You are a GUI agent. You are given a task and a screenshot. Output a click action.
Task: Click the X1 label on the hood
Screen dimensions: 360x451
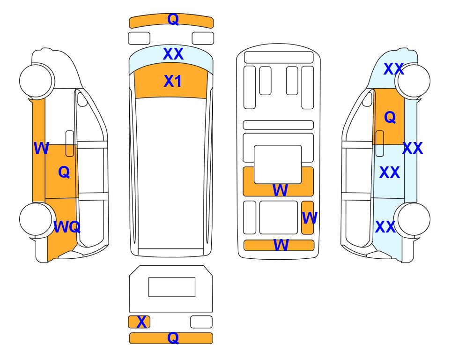pos(172,82)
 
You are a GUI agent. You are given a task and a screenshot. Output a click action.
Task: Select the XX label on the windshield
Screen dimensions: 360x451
pos(173,54)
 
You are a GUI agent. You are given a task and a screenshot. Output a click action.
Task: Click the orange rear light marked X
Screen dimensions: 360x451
pos(139,322)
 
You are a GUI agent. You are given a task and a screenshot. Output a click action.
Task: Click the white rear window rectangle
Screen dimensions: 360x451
pos(171,287)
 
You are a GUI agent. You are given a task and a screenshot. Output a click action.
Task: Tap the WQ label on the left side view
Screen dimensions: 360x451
pos(67,227)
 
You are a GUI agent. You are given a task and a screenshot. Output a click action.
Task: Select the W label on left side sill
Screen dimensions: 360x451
pos(41,149)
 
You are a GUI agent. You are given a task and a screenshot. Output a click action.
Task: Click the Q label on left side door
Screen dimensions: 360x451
pos(64,172)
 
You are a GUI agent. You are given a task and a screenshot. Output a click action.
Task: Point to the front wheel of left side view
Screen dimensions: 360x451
pos(36,80)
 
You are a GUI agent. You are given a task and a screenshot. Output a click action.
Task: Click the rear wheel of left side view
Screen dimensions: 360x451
pos(36,219)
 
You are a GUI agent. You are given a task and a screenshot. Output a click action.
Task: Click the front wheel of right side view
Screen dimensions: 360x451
pos(413,80)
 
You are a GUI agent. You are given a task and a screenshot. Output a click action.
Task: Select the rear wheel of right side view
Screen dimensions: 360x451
pos(413,219)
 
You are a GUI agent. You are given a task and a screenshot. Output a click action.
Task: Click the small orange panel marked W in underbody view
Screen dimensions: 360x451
pos(308,217)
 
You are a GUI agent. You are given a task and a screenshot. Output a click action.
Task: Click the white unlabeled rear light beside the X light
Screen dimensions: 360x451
pos(201,322)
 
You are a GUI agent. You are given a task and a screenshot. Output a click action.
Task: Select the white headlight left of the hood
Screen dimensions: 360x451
pos(139,38)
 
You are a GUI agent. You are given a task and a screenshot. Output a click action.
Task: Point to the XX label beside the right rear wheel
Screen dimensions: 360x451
pos(385,227)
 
